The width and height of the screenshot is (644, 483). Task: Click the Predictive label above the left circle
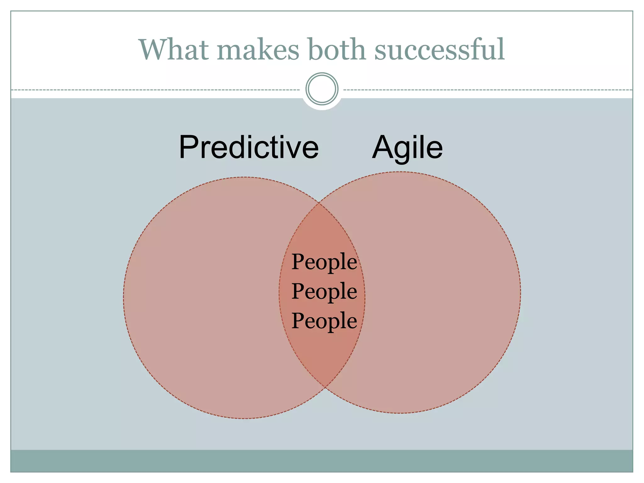pyautogui.click(x=249, y=147)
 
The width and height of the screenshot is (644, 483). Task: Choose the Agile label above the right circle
pyautogui.click(x=407, y=147)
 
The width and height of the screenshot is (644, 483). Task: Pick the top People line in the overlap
pyautogui.click(x=324, y=262)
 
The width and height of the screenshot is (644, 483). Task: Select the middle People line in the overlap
pyautogui.click(x=324, y=291)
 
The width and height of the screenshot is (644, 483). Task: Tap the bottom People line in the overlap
pyautogui.click(x=324, y=321)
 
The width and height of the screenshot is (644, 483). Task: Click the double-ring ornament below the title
pyautogui.click(x=322, y=89)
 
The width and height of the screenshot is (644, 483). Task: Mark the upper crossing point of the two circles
pyautogui.click(x=319, y=203)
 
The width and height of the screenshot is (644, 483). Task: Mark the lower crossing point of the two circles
pyautogui.click(x=325, y=386)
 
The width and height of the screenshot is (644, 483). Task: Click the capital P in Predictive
pyautogui.click(x=188, y=147)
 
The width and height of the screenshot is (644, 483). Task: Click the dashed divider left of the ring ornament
pyautogui.click(x=154, y=90)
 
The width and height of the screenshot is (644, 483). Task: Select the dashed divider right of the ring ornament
pyautogui.click(x=487, y=90)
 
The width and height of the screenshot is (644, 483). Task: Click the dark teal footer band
pyautogui.click(x=322, y=461)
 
